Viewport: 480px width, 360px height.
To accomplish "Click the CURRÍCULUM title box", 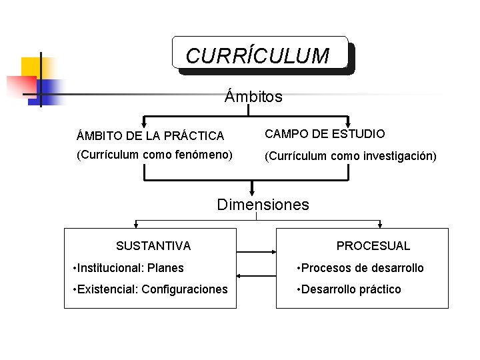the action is click(259, 54).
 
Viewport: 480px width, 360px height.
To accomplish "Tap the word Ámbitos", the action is click(253, 97).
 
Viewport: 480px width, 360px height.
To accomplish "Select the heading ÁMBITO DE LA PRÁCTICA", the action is click(151, 136).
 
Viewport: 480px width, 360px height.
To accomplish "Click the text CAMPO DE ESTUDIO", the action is click(325, 134).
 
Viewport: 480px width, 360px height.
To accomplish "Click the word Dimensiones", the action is click(263, 205).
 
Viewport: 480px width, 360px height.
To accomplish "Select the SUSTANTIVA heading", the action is click(153, 246).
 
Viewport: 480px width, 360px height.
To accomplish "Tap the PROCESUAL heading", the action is click(373, 246).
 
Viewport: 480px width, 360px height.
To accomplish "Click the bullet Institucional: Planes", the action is click(127, 268).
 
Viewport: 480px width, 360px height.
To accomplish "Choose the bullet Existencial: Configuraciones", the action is click(149, 289).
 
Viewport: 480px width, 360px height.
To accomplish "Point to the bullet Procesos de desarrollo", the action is click(360, 268).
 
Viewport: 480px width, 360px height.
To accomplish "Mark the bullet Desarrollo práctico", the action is click(349, 289).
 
